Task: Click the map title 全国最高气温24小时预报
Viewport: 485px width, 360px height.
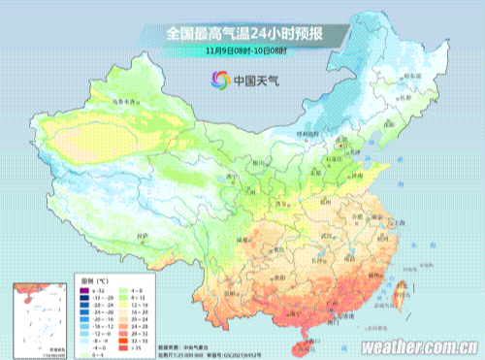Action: (242, 33)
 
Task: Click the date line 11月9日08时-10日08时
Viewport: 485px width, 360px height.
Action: (242, 50)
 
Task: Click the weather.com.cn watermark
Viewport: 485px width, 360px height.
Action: (418, 345)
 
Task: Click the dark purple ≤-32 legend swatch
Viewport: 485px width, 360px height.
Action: (85, 290)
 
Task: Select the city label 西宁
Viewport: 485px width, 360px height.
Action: (230, 178)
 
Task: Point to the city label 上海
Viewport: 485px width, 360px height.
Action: (400, 222)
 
